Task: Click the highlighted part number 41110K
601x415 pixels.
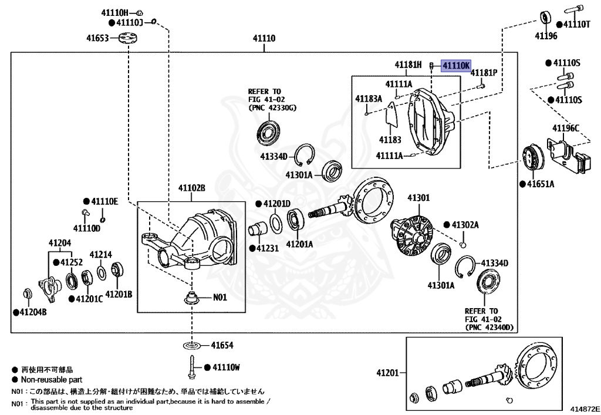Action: coord(456,66)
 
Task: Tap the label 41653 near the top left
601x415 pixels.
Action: coord(97,38)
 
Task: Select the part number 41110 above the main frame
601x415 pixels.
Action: coord(264,38)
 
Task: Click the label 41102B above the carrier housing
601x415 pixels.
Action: coord(192,188)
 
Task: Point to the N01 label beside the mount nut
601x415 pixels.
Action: coord(220,298)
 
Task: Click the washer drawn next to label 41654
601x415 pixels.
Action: coord(192,346)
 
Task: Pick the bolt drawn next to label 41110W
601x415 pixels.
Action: coord(191,367)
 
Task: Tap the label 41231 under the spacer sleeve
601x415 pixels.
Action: coord(268,248)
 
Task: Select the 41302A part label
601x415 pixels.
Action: coord(465,225)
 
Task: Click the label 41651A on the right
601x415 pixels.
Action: coord(541,184)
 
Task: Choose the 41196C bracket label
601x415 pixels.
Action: coord(566,128)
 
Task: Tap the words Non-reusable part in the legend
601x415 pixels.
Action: coord(52,380)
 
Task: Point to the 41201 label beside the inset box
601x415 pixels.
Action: coord(388,373)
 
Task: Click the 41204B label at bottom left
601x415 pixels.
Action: coord(33,312)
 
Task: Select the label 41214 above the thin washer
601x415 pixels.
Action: coord(101,254)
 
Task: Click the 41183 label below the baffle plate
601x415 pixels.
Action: coord(390,140)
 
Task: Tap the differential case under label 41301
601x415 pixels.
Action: coord(412,234)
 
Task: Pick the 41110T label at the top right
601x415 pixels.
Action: coord(577,25)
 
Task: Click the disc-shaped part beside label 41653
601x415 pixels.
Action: coord(128,38)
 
